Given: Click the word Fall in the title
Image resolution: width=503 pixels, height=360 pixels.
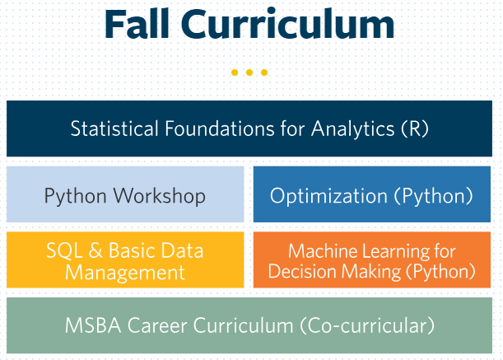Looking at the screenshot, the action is point(137,24).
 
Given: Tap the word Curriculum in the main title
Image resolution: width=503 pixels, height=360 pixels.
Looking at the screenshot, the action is point(288,24).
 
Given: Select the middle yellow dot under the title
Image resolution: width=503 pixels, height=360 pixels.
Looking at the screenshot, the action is point(249,72).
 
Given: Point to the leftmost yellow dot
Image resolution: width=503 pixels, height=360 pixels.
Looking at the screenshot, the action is point(235,72).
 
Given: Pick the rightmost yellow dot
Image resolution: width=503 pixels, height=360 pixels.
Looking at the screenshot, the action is point(264,72).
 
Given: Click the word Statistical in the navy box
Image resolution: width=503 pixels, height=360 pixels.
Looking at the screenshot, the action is point(114,129).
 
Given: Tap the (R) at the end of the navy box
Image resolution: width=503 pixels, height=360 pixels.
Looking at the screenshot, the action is point(415,129).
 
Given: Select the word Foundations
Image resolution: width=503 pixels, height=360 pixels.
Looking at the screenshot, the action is point(220,129).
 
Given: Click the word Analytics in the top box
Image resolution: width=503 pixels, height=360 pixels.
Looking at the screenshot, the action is point(352,129).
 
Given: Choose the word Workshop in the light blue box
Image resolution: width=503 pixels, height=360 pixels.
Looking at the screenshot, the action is point(160,195).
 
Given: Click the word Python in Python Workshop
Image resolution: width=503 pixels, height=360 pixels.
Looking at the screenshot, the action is point(76,195).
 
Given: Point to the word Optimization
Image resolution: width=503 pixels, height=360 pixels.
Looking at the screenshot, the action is point(328,195).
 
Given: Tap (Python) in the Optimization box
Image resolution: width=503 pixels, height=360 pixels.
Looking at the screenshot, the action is point(434,195).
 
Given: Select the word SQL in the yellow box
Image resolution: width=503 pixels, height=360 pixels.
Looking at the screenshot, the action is point(65,250).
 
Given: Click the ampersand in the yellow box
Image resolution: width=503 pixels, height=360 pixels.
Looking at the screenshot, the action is point(95,250).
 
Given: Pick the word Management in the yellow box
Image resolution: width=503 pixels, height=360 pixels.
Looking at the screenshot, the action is point(125,273).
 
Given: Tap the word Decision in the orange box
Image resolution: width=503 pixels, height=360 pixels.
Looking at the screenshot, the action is point(301,271).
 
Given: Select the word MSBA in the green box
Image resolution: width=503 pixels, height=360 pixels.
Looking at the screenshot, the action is point(93,325).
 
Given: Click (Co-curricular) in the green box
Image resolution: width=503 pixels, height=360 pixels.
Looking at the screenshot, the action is point(367,325).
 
